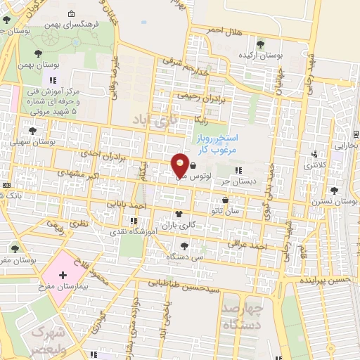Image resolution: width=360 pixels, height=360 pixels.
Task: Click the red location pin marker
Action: click(x=180, y=165)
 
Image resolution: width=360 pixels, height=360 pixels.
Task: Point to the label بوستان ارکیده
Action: click(x=260, y=54)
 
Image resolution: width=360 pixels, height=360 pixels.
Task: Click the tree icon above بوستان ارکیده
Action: click(x=261, y=44)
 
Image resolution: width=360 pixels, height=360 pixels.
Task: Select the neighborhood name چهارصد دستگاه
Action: click(x=241, y=317)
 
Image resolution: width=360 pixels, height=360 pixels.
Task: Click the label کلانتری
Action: click(x=310, y=165)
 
